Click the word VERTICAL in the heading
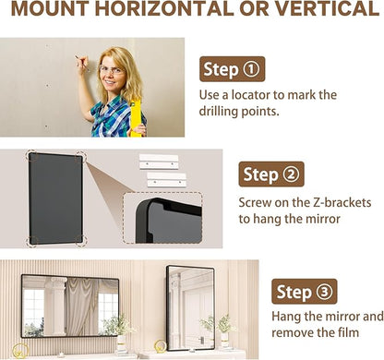point(327,9)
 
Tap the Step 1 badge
point(233,69)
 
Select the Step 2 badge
point(271,174)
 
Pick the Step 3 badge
point(305,292)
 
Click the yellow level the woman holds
point(136,117)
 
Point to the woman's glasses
point(111,70)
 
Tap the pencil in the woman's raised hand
point(82,63)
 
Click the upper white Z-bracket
point(159,162)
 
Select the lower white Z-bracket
point(167,180)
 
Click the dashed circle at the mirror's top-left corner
point(31,156)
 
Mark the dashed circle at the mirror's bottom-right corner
point(81,241)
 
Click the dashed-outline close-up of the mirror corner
point(162,218)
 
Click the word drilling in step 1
point(218,112)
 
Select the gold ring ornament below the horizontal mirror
point(20,351)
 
